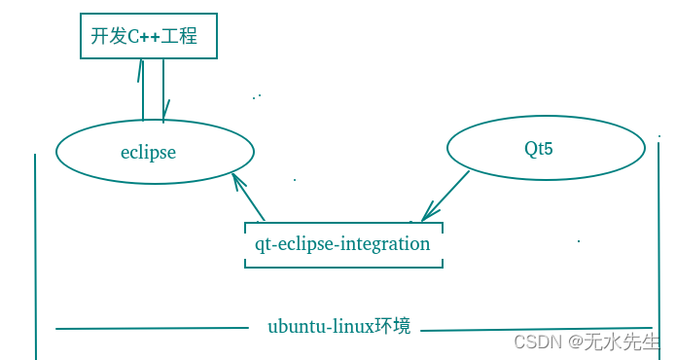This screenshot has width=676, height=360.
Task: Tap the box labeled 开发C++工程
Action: coord(146,37)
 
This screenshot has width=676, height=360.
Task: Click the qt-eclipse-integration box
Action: coord(342,244)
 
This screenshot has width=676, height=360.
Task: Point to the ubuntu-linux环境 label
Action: coord(338,326)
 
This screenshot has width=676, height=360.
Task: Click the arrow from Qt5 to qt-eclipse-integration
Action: coord(446,197)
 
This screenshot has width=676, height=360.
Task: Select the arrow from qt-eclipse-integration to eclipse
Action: coord(250,198)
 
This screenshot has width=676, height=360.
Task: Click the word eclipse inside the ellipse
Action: coord(148,152)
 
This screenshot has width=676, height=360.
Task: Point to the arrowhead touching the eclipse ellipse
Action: coord(235,180)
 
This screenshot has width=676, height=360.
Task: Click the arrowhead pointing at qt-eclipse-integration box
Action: coord(426,217)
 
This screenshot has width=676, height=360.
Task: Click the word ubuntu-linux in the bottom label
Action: coord(321,327)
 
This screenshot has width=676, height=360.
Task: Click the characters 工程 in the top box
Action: coord(182,37)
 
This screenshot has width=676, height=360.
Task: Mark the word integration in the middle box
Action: coord(385,244)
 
